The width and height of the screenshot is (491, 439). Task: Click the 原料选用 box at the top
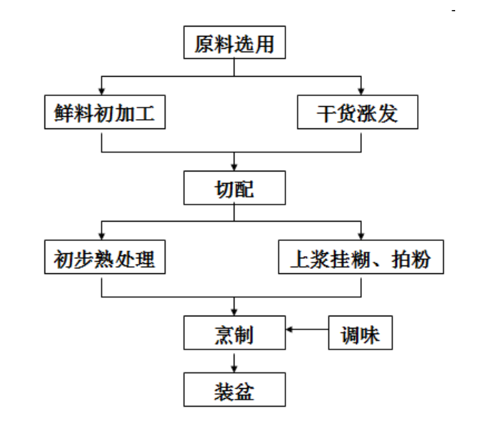point(234,44)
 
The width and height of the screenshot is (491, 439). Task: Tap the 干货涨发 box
point(358,113)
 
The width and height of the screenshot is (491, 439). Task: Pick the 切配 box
point(234,188)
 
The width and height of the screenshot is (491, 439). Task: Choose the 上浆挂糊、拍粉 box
point(361,258)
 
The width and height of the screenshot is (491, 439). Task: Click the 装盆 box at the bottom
point(234,391)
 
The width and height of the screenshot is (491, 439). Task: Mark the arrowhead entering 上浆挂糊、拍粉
point(361,237)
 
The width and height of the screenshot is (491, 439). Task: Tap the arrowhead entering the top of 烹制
point(234,311)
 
